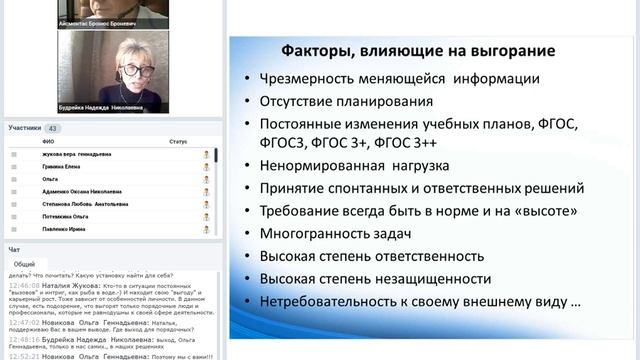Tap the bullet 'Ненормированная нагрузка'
354,166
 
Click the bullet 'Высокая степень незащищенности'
375,278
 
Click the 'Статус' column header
178,142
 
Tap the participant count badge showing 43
52,128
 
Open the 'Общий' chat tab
24,264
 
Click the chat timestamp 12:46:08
24,285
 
